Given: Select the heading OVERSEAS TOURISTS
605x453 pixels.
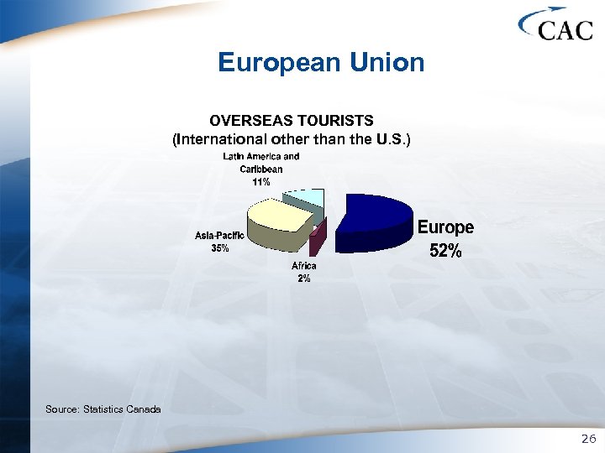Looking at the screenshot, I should click(291, 121).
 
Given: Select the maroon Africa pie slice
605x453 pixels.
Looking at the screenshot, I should click(315, 242).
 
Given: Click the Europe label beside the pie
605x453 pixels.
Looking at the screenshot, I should click(445, 227).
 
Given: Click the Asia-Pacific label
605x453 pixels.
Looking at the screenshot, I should click(219, 236).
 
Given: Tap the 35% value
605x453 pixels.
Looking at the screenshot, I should click(219, 248).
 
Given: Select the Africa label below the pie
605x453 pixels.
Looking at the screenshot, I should click(304, 266).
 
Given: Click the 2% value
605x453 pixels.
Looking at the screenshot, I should click(304, 279).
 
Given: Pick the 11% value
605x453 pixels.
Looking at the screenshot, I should click(260, 181).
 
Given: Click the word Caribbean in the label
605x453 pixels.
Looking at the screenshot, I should click(260, 169).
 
